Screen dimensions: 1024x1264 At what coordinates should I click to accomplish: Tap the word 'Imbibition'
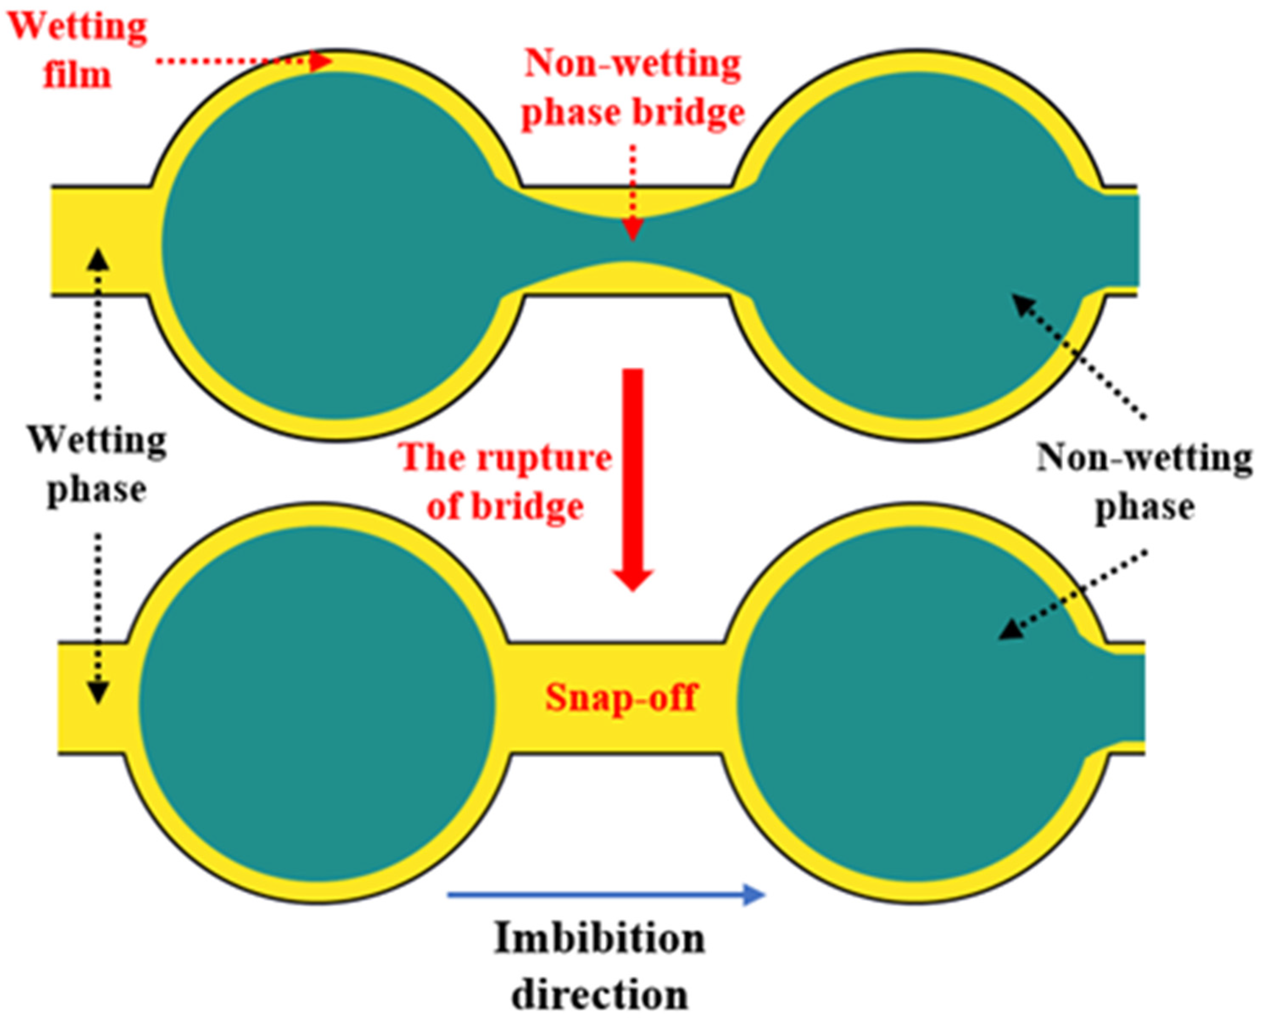(x=599, y=938)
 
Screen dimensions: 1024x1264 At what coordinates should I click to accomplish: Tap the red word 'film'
(x=77, y=75)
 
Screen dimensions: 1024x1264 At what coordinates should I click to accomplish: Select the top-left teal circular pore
(x=336, y=245)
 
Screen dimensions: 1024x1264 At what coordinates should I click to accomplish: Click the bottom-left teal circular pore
(x=317, y=702)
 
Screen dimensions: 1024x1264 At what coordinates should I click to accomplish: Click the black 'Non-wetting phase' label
(x=1144, y=481)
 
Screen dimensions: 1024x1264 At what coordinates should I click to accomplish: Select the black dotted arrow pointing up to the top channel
(x=98, y=324)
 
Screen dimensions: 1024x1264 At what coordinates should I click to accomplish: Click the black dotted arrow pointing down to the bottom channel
(x=98, y=619)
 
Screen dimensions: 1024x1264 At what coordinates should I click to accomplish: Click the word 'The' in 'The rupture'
(x=429, y=457)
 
